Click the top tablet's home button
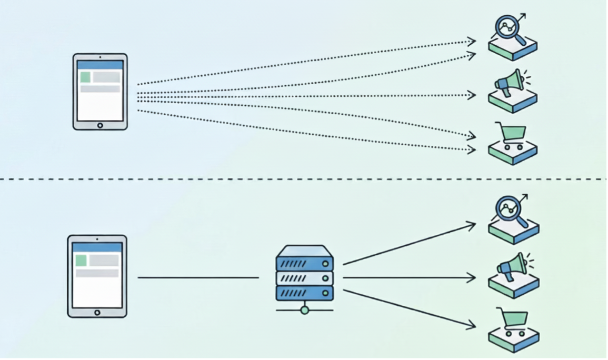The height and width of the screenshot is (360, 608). coord(100,125)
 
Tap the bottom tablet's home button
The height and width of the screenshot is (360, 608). coord(97,313)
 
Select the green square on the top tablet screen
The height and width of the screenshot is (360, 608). coord(85,77)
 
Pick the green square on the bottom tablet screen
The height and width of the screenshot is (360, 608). coord(81,260)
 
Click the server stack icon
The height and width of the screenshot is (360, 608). coord(305,274)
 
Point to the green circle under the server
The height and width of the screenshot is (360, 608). coord(305,311)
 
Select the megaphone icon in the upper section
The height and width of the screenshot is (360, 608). coord(507,83)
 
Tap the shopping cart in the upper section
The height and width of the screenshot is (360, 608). coord(509,134)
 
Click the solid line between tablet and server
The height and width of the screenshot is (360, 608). coord(198,277)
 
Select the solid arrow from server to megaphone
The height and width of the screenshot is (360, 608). coord(408,277)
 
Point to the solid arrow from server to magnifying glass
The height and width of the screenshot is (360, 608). coord(408,244)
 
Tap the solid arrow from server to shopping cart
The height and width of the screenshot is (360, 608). coord(408,309)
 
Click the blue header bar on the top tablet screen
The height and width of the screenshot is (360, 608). coord(100,65)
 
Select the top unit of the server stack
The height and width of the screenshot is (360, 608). coord(305,262)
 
